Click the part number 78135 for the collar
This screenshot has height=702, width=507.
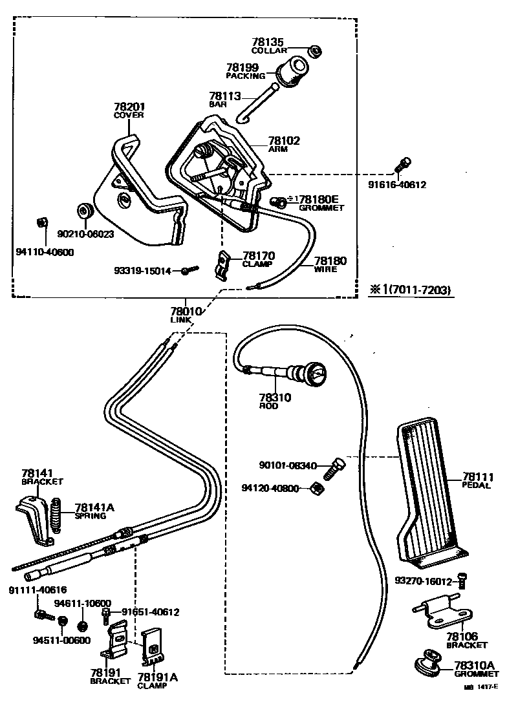267,43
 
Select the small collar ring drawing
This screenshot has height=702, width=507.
316,51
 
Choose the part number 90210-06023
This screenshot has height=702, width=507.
86,234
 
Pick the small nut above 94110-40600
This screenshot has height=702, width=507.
41,223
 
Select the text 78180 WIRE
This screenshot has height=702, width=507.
330,264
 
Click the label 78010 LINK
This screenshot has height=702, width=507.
186,315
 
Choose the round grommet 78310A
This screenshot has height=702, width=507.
427,662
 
